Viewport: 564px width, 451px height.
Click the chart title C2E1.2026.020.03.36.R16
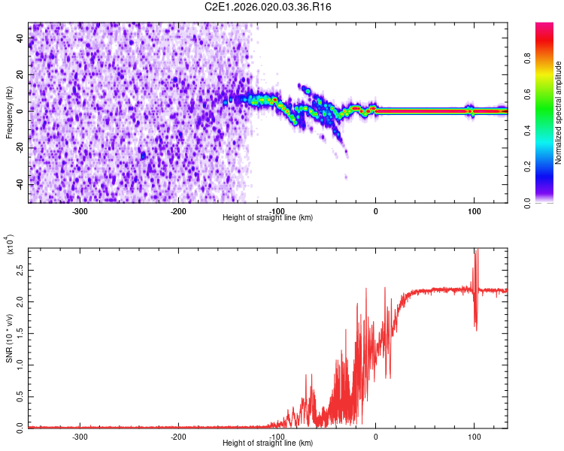(x=268, y=7)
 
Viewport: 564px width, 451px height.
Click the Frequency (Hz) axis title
(x=9, y=114)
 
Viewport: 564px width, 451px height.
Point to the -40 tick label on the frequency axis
(x=20, y=184)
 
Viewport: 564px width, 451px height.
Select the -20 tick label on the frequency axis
(x=20, y=147)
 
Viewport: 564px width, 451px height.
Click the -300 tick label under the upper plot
(x=80, y=211)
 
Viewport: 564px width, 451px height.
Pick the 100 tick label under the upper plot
(x=475, y=211)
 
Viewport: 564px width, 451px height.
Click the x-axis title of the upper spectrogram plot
(x=268, y=218)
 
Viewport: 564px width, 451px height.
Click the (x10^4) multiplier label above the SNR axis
(x=10, y=245)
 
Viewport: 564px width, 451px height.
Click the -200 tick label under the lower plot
(x=179, y=436)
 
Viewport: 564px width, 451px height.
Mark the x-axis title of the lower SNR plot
(x=268, y=443)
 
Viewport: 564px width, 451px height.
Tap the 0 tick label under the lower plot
(x=376, y=436)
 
